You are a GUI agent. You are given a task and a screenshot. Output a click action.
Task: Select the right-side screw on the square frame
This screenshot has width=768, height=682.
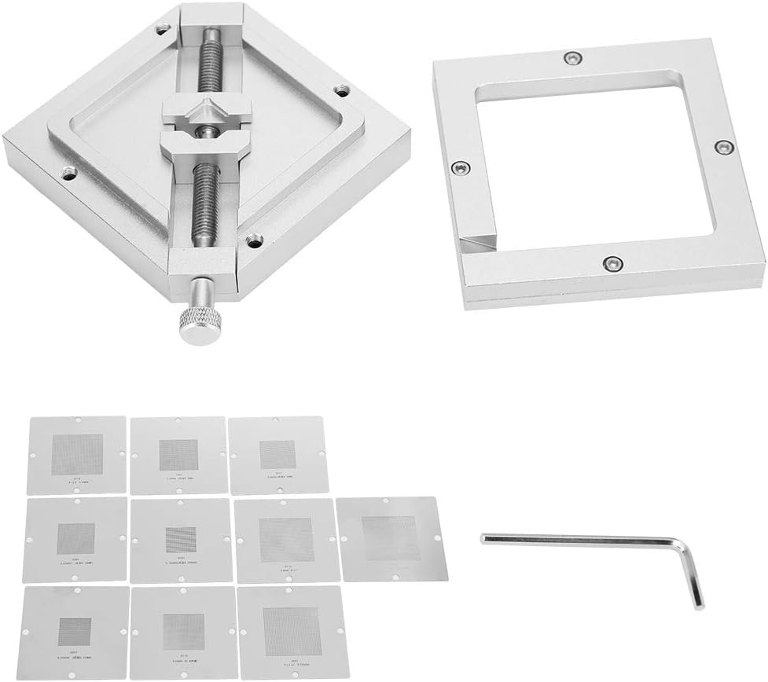721,147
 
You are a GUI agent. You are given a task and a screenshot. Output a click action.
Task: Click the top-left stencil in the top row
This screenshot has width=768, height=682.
77,454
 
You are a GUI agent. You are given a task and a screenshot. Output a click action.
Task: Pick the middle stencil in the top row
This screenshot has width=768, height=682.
178,454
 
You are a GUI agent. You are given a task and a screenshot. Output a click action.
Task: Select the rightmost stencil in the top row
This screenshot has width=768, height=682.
277,454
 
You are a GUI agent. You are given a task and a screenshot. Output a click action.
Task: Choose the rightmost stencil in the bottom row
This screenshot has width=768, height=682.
292,630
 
